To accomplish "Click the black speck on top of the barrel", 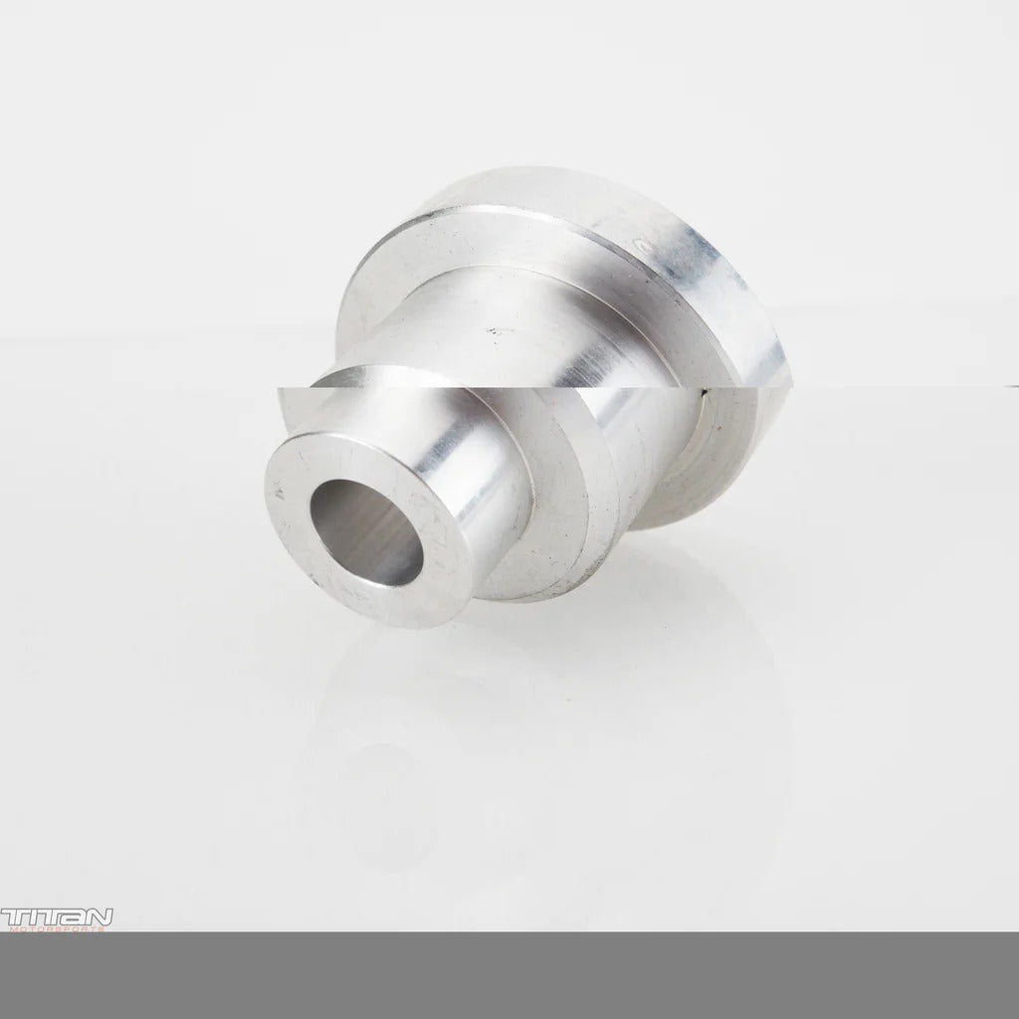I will pos(491,325).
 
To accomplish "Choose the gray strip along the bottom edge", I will pos(509,975).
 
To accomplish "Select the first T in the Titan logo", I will pos(12,916).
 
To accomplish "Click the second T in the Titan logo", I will pos(45,916).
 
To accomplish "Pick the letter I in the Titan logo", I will pos(29,916).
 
